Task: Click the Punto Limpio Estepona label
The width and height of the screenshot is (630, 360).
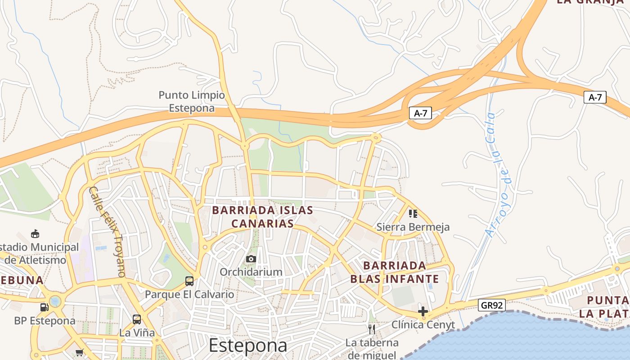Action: click(x=191, y=102)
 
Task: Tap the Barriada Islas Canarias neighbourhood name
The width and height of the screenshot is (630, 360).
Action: click(x=262, y=216)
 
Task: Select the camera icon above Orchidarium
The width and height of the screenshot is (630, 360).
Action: click(x=251, y=259)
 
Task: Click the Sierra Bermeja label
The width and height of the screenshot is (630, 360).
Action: click(x=413, y=227)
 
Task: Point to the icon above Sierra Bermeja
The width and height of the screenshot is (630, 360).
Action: click(x=413, y=213)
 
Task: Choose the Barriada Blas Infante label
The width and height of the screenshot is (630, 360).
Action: click(x=394, y=272)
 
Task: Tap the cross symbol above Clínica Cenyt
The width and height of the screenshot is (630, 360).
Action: click(x=423, y=311)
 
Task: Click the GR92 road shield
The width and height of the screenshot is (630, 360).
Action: click(x=491, y=305)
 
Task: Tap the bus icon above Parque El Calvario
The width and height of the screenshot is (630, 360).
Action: click(x=189, y=281)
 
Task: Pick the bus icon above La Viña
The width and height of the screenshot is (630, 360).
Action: click(x=137, y=319)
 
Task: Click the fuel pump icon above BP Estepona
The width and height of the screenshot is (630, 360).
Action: click(x=45, y=307)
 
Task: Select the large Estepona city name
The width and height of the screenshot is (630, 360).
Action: click(x=248, y=346)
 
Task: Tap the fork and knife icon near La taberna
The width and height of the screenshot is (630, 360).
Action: click(x=372, y=329)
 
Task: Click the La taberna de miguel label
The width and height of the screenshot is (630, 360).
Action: click(x=372, y=349)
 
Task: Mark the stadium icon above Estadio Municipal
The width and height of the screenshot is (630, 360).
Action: click(x=35, y=234)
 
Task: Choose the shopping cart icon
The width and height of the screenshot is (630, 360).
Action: click(x=80, y=352)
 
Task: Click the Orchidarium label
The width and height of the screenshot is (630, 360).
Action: click(x=251, y=272)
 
